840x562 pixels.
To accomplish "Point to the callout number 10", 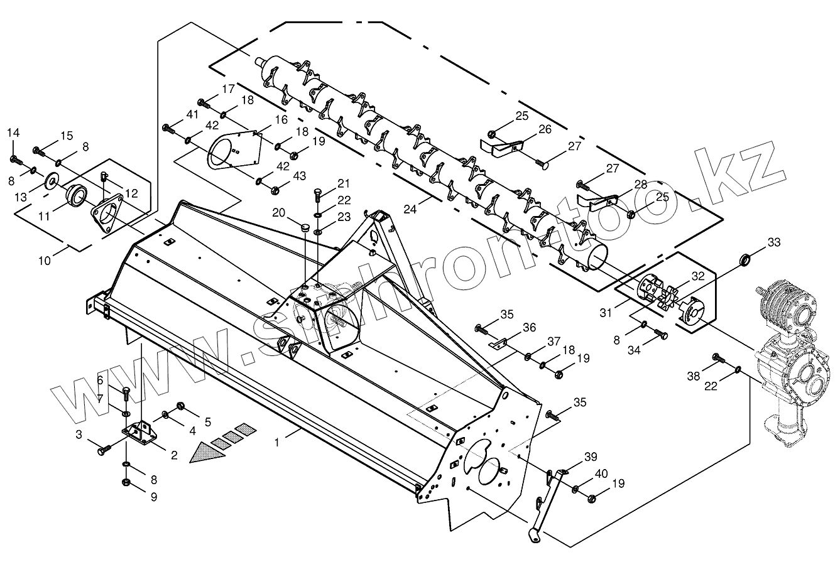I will pyautogui.click(x=44, y=261).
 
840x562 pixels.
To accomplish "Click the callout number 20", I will pyautogui.click(x=279, y=213).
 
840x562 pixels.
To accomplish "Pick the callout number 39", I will pyautogui.click(x=591, y=457).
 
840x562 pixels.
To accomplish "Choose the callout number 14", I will pyautogui.click(x=13, y=132).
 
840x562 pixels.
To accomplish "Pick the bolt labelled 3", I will pyautogui.click(x=102, y=450).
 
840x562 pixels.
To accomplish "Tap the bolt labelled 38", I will pyautogui.click(x=717, y=359).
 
